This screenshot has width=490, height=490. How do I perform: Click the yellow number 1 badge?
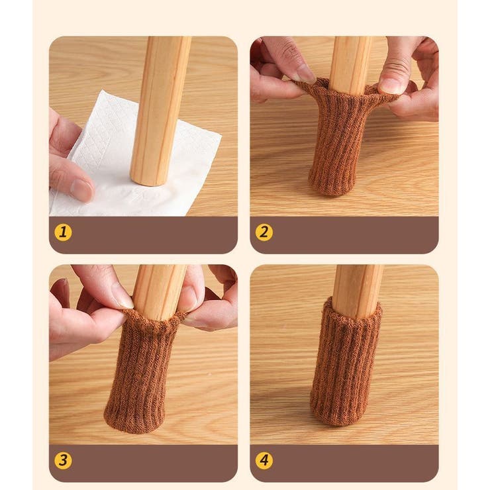pos(63,232)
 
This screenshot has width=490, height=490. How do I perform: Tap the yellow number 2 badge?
pos(264,232)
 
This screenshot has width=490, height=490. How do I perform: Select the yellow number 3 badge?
pos(63,460)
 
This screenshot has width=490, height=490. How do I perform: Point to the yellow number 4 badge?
pos(264,460)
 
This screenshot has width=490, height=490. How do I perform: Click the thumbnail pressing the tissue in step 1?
pos(82,190)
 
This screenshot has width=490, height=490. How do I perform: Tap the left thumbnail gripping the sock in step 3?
pos(122,299)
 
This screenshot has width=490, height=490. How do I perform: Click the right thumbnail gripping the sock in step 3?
pos(191,300)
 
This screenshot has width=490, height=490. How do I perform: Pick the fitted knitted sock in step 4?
pos(346,362)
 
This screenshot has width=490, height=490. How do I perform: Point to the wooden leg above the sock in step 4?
pos(358,291)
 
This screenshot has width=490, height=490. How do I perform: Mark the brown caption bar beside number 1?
pos(143,235)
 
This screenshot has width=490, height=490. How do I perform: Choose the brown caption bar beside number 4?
pos(344,463)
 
